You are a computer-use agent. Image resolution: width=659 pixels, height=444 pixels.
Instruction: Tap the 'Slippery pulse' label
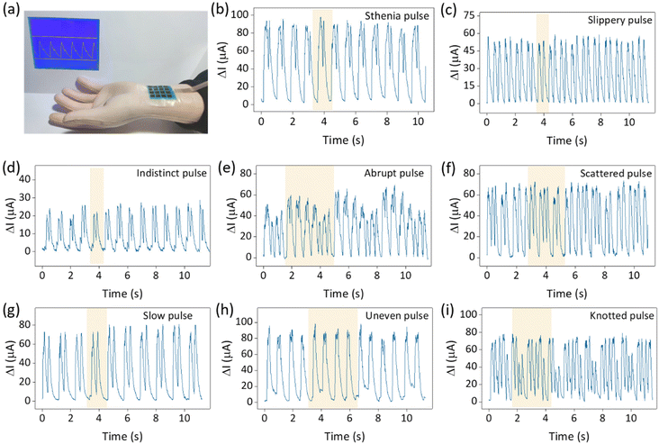point(611,18)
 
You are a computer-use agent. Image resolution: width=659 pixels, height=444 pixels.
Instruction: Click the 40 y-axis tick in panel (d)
point(25,178)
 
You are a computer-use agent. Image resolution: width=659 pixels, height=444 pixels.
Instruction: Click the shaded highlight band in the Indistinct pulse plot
point(96,216)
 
